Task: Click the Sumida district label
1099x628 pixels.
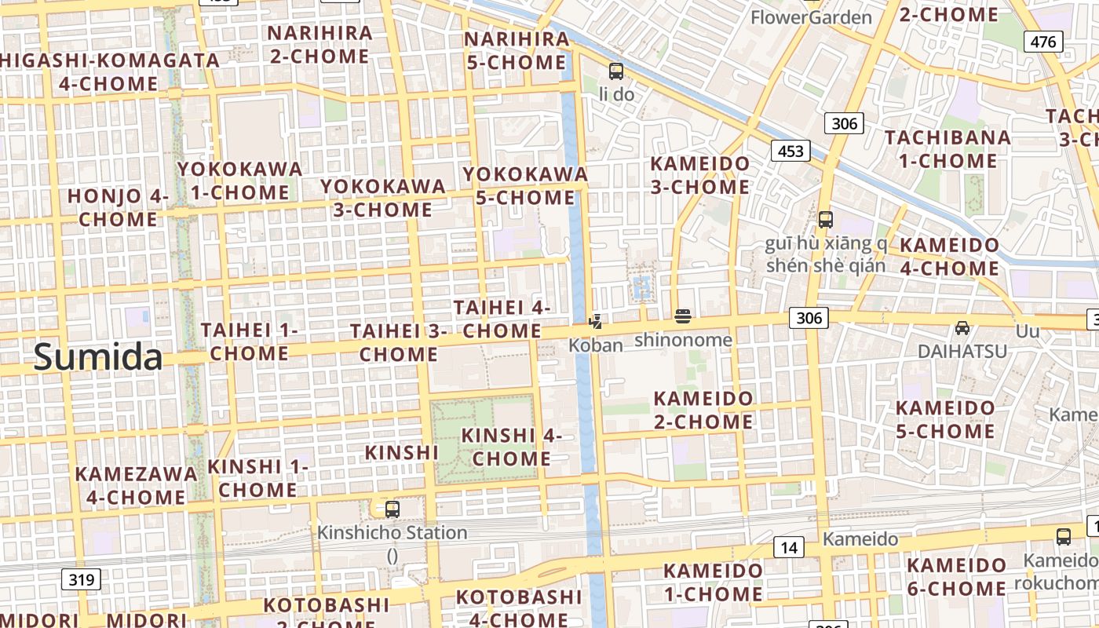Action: point(98,357)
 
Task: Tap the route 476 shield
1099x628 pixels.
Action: point(1043,42)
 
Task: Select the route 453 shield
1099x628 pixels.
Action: point(790,151)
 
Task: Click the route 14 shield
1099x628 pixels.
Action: point(789,547)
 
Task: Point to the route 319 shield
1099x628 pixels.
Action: point(81,580)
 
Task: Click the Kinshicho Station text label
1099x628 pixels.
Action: point(392,533)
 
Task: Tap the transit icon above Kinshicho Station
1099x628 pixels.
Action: point(392,509)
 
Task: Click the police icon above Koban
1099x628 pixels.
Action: point(596,320)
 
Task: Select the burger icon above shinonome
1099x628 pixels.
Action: point(683,316)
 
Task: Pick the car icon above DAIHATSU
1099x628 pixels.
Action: point(962,327)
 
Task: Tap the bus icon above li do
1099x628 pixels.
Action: point(616,71)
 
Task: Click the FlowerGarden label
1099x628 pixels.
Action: point(811,17)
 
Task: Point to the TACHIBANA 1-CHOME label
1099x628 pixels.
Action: point(947,149)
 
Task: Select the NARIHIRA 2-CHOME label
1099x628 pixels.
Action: point(319,45)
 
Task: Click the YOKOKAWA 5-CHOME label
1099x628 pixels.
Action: point(525,185)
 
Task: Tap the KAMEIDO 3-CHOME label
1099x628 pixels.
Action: point(700,175)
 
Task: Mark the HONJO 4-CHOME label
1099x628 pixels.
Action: point(118,207)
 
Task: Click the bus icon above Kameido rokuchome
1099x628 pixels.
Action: point(1064,537)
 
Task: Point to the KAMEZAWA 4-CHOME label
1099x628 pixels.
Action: point(136,485)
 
